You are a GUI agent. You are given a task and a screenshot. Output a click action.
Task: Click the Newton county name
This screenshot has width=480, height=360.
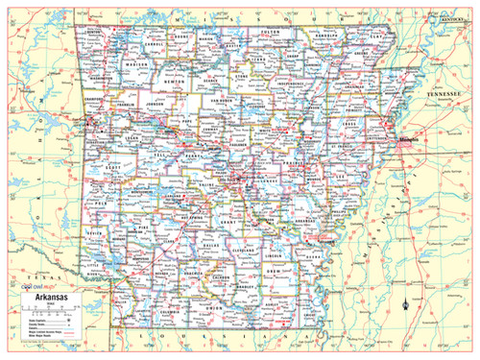click(x=174, y=84)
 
